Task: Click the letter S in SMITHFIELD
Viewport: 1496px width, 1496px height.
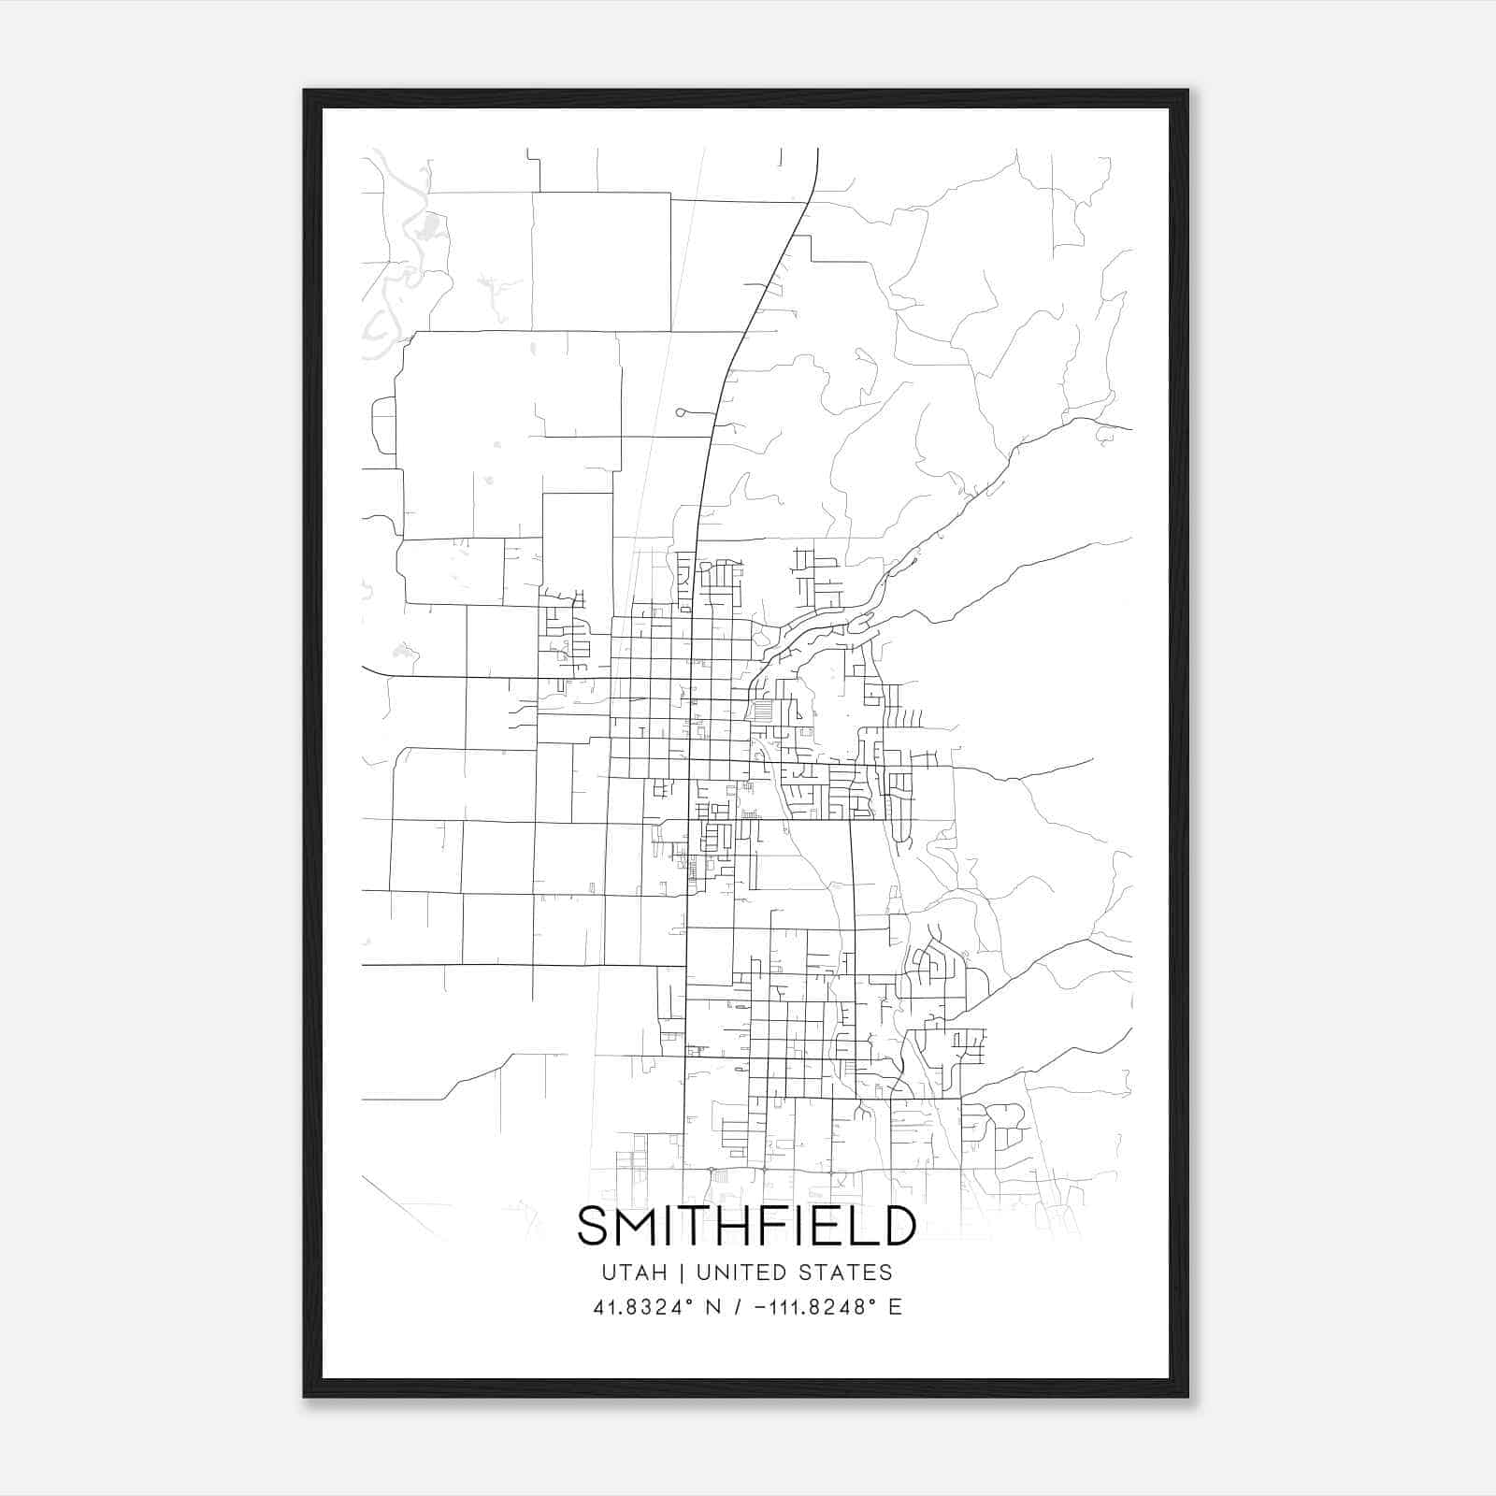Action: (x=595, y=1226)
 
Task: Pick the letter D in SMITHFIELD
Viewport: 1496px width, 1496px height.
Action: (x=895, y=1226)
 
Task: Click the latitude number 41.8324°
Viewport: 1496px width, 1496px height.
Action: (x=633, y=1307)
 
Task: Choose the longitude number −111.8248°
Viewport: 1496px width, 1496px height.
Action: (x=813, y=1307)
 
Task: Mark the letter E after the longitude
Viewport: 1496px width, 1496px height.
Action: (x=896, y=1307)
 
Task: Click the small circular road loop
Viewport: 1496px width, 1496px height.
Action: (x=681, y=411)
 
